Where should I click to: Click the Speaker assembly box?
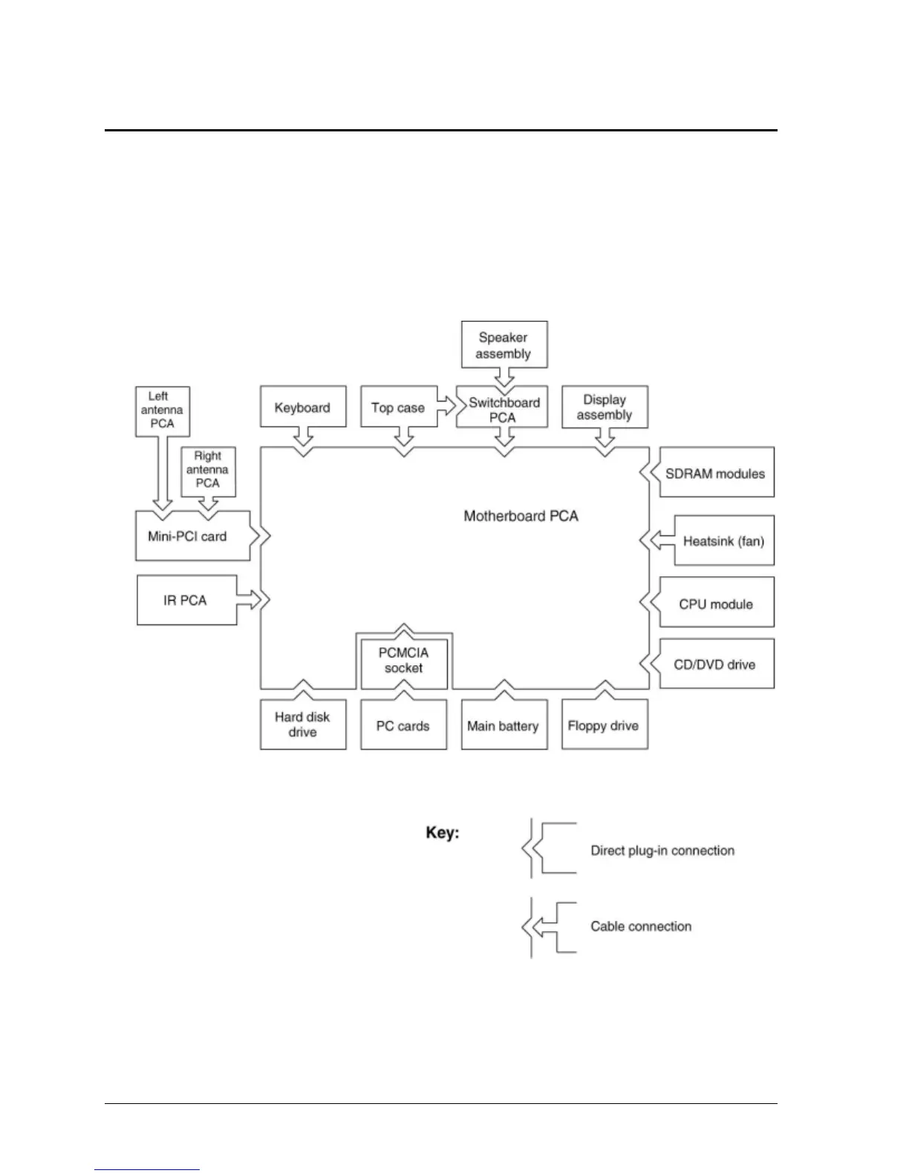[504, 345]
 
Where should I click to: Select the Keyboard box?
[302, 408]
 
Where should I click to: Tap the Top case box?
[398, 408]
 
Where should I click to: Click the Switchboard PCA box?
[504, 409]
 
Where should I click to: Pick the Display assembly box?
[605, 408]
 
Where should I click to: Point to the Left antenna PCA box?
[162, 410]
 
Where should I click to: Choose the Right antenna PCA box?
[208, 470]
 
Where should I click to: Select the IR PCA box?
[186, 600]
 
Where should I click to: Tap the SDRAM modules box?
[715, 473]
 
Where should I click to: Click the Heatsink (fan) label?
[723, 540]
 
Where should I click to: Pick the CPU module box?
[715, 604]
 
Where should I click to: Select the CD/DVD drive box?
[715, 664]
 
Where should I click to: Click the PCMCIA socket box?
[403, 660]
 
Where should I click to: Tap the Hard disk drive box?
[302, 725]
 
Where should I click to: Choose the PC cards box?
[403, 725]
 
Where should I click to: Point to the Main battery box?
[504, 725]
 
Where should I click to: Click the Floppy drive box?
[604, 725]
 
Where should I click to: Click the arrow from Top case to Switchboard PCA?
[446, 406]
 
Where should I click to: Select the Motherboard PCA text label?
[521, 516]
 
